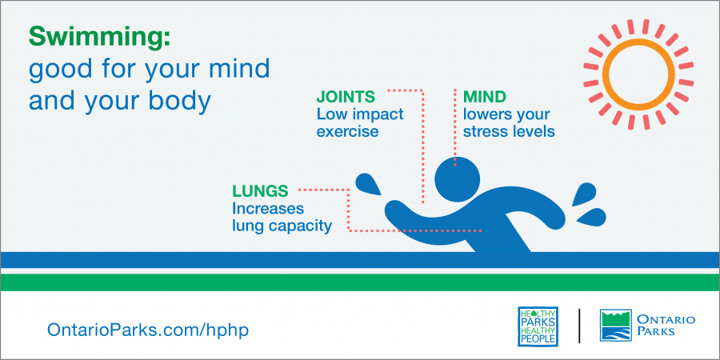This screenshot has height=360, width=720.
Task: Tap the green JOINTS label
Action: (346, 97)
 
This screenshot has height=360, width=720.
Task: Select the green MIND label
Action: (485, 97)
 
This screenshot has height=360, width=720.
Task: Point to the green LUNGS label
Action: (260, 190)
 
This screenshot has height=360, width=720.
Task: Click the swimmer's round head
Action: (457, 178)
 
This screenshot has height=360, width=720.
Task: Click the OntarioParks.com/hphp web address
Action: (148, 330)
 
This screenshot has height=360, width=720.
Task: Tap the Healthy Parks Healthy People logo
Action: (538, 326)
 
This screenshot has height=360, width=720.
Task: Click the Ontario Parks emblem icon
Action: (616, 325)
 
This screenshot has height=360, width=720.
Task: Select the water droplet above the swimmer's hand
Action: (368, 185)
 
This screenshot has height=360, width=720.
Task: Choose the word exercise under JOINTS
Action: (348, 132)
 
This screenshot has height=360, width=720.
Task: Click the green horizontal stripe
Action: (360, 282)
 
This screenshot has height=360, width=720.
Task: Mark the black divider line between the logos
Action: (579, 326)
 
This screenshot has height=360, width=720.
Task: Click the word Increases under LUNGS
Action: (268, 209)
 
